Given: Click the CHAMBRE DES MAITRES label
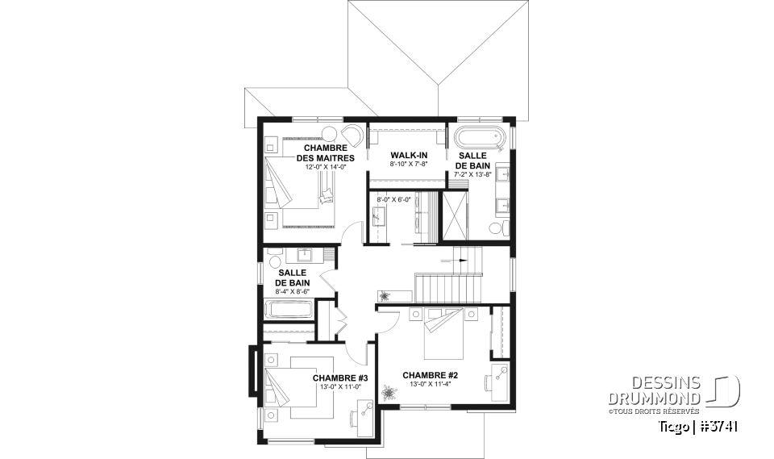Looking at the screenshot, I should click(x=326, y=152).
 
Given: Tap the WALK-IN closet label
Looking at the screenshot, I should click(x=408, y=154).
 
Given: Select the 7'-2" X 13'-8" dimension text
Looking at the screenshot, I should click(x=472, y=174).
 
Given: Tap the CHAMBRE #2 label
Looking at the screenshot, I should click(x=430, y=375).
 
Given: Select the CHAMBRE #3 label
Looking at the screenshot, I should click(x=340, y=378).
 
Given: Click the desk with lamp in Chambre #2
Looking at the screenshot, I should click(x=498, y=378).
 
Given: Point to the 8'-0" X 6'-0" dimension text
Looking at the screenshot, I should click(x=393, y=199).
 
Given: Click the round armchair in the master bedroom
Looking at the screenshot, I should click(x=352, y=136).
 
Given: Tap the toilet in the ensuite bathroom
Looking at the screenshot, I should click(x=506, y=228).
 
